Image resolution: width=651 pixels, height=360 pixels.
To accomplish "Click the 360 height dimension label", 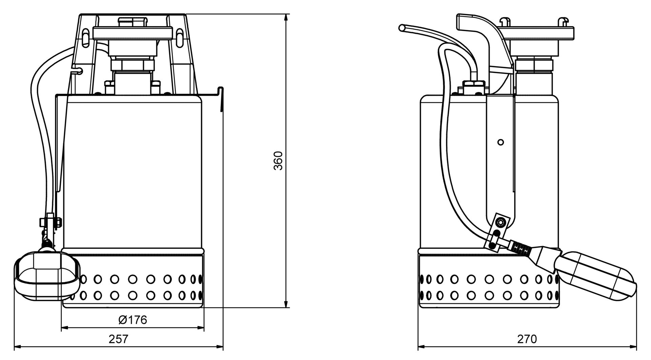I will pos(278,161).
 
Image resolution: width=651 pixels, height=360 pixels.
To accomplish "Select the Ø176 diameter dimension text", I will pos(133,320).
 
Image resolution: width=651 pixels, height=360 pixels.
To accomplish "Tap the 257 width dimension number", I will pos(119,339).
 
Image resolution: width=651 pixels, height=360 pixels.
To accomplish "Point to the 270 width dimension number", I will pos(527,339).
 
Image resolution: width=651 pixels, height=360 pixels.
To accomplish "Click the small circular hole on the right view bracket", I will pos(500,142).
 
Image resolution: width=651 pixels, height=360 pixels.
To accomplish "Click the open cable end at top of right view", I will pos(402,28).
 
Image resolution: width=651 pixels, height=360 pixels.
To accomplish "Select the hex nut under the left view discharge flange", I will pos(132,65).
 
